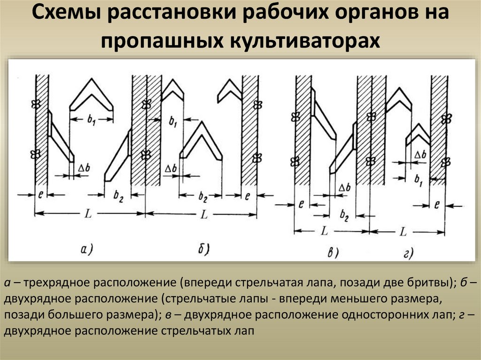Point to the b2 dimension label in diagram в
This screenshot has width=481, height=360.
[x=344, y=216]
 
